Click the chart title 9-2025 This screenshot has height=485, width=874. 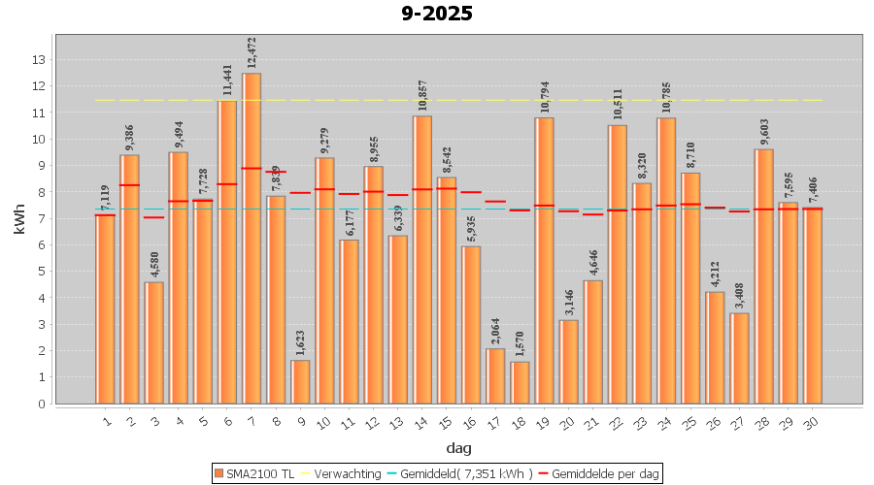[x=437, y=14]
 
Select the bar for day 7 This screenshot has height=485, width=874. [x=252, y=238]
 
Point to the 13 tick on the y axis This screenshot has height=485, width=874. [x=39, y=59]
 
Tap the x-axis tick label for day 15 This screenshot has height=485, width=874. [x=446, y=421]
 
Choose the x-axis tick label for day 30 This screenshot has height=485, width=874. [x=812, y=421]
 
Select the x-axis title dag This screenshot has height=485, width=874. [x=458, y=447]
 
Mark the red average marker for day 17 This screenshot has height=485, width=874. [x=495, y=202]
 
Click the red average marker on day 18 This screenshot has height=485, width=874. [x=520, y=210]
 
